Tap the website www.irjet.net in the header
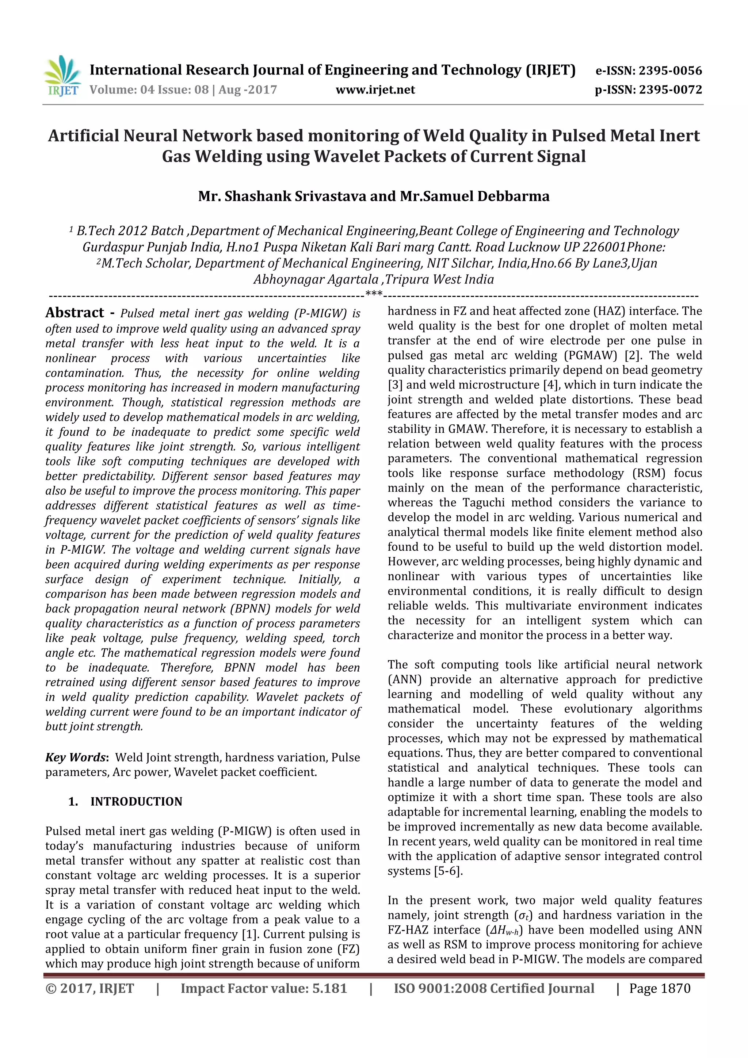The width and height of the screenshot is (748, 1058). (375, 90)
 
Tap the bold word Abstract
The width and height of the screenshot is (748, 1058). (75, 313)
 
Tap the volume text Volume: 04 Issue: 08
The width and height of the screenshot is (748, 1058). (149, 90)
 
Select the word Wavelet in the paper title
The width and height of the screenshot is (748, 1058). (345, 157)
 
